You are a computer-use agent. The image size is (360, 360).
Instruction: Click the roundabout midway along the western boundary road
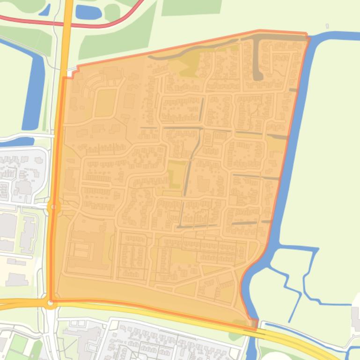(x=54, y=207)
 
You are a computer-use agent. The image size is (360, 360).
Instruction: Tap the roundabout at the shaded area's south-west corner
(x=51, y=303)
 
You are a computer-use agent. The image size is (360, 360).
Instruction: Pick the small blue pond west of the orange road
(x=45, y=9)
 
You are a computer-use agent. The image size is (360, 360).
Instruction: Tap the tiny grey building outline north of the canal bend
(x=327, y=26)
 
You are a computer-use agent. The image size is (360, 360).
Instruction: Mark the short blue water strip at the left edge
(x=14, y=142)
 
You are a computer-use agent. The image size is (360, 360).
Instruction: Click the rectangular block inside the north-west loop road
(x=105, y=103)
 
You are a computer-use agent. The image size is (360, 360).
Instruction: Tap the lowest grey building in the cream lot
(x=17, y=280)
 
